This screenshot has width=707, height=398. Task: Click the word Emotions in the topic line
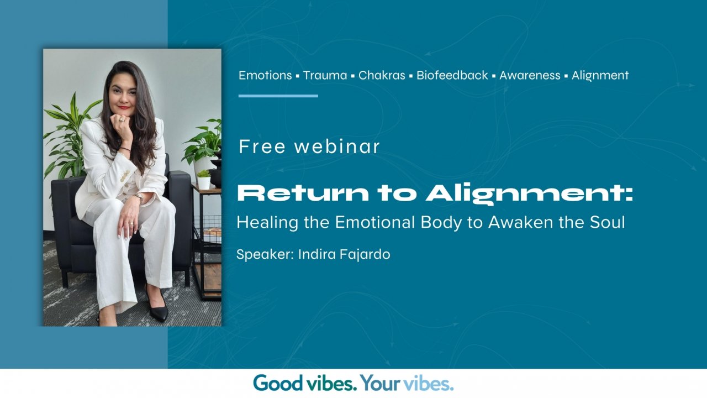(265, 75)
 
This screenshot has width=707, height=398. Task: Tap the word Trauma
(325, 75)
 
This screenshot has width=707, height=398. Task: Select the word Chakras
(382, 75)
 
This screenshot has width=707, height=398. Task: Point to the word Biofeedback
(452, 75)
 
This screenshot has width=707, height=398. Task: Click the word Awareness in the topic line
(530, 75)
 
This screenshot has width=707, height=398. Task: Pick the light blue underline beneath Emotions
(278, 96)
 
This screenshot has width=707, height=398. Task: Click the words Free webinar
(309, 146)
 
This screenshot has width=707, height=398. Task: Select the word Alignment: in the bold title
(529, 193)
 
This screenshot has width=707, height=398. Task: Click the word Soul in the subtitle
(608, 223)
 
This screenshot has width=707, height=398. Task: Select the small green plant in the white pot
(204, 178)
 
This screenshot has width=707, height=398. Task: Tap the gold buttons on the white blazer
(125, 176)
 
